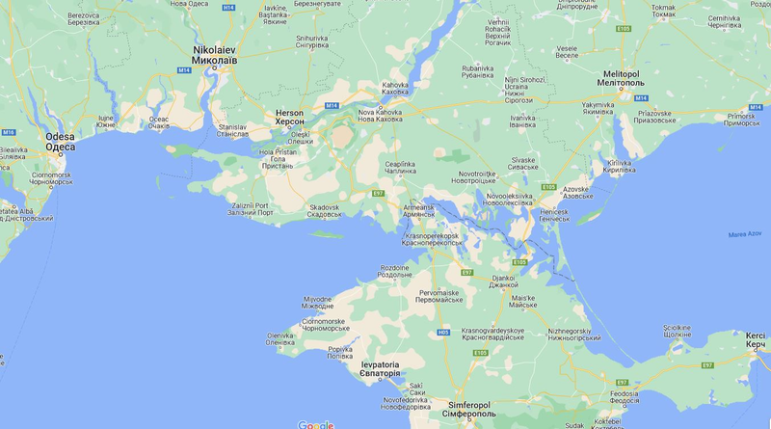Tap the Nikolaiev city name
click(214, 53)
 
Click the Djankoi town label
click(503, 281)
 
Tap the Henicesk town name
click(553, 211)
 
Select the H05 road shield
click(443, 333)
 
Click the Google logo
click(315, 424)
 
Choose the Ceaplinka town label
click(399, 168)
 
